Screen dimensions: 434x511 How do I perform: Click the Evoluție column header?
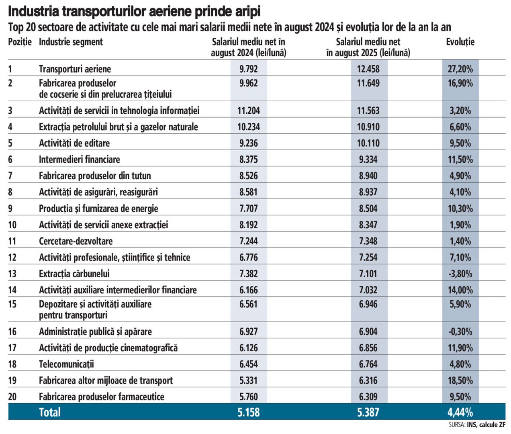460,42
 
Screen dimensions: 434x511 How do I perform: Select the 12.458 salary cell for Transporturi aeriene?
368,69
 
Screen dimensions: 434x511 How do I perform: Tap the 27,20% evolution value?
460,69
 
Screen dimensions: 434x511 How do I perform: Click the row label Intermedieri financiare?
79,160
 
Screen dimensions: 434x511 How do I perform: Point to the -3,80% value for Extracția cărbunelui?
460,274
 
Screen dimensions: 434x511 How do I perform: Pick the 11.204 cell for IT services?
248,111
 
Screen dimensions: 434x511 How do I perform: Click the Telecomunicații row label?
66,364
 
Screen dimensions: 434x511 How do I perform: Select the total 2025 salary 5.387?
368,412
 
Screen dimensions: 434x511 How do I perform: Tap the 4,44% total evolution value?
460,412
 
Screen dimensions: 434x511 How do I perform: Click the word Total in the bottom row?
50,412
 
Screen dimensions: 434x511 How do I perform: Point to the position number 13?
12,274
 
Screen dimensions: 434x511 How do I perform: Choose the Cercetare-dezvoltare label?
76,241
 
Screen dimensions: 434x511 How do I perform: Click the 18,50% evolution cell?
460,380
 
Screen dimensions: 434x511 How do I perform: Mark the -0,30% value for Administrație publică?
460,332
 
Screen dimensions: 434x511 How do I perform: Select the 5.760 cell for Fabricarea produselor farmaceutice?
248,397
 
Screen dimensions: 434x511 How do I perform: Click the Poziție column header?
20,42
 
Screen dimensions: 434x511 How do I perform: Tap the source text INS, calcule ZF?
486,425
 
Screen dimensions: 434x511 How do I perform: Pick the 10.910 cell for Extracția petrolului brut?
368,127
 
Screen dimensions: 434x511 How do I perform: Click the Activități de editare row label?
74,143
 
